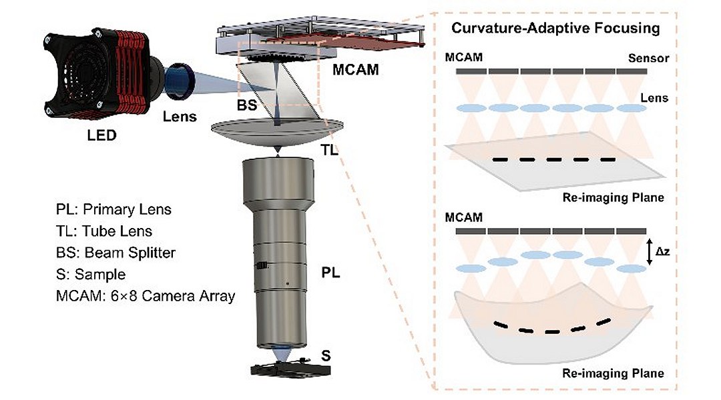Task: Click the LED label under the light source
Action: point(101,137)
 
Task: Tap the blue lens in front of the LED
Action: point(180,79)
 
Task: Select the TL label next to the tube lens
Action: point(330,150)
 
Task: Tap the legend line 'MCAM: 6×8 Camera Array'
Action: point(146,295)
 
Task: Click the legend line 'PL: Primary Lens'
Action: point(113,210)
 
